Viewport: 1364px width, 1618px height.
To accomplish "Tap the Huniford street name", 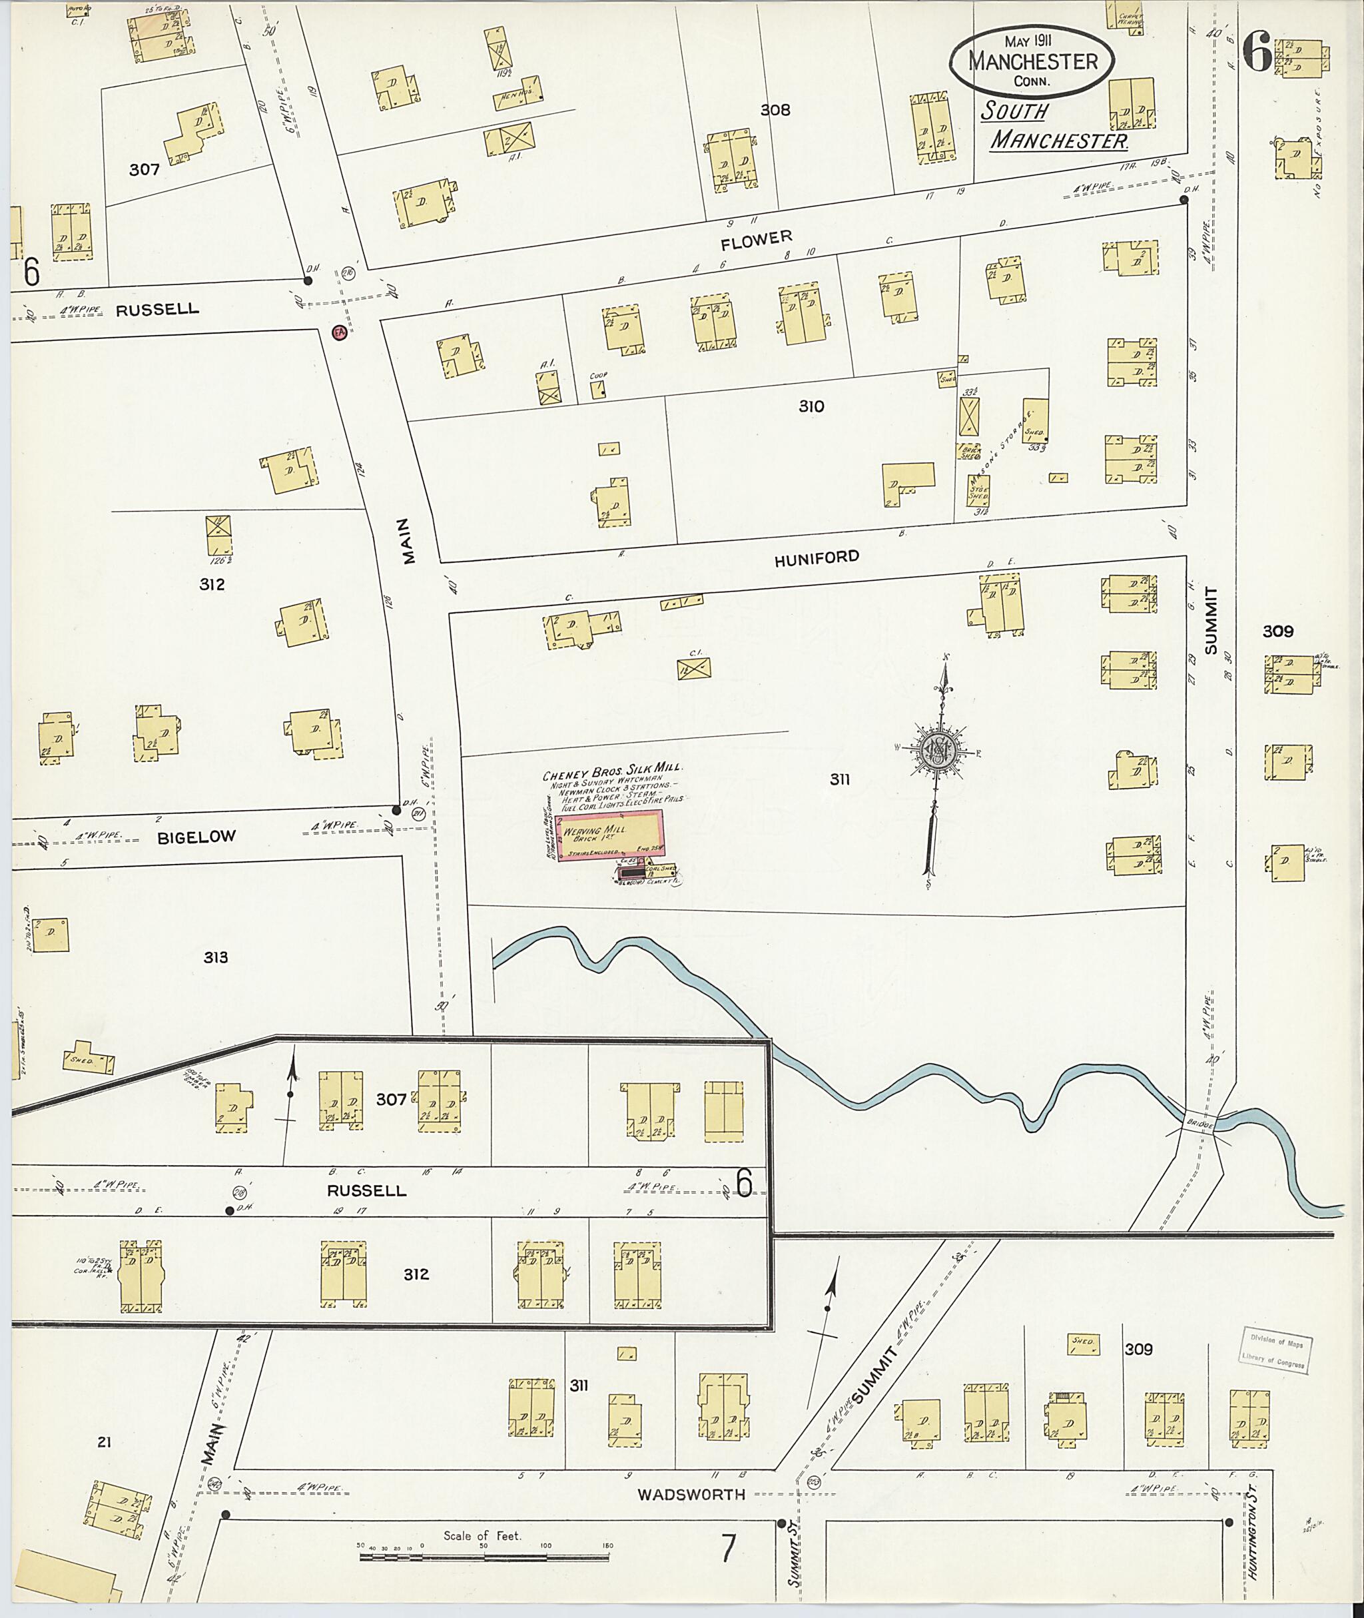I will click(817, 558).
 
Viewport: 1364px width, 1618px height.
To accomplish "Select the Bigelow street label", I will click(196, 837).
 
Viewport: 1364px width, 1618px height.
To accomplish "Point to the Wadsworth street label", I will click(691, 1494).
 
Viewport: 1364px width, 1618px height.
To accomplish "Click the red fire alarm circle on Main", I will click(338, 332).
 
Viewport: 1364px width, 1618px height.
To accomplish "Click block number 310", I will click(811, 406).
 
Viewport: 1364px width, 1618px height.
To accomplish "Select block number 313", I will click(216, 957).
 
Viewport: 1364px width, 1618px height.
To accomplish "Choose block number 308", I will click(775, 110).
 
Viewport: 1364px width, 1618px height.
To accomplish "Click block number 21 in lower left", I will click(105, 1441).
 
